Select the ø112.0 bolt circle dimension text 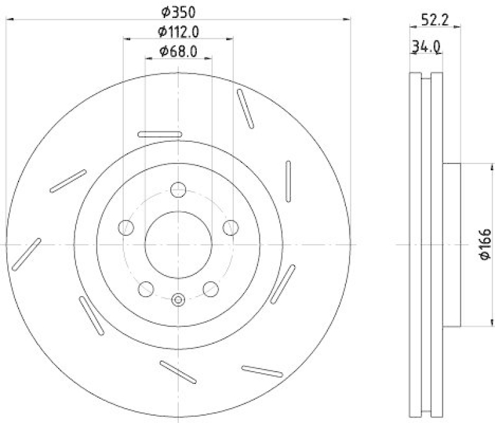pos(178,31)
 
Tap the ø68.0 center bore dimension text pos(178,52)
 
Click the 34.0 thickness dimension pos(425,46)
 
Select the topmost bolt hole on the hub pos(178,190)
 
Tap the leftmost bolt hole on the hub pos(127,227)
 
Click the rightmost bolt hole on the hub pos(230,227)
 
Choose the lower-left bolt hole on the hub pos(147,288)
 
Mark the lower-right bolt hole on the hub pos(210,288)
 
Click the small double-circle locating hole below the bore pos(178,300)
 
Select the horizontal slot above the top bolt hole pos(158,134)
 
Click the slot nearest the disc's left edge pos(26,254)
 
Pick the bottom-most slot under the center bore pos(178,372)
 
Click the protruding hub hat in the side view pos(452,245)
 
